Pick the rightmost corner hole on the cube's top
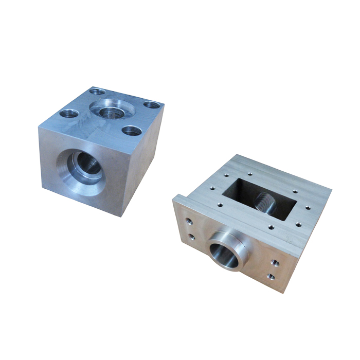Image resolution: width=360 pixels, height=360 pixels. (x=151, y=105)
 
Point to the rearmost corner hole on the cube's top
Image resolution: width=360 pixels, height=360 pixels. (x=97, y=92)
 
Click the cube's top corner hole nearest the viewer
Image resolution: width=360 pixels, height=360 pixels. (x=131, y=130)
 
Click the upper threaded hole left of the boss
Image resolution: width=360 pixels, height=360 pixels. (x=189, y=222)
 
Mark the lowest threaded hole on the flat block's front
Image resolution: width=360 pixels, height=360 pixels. (x=271, y=277)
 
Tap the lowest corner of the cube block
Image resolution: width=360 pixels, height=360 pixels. (x=122, y=216)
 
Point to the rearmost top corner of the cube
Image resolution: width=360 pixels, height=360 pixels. (x=93, y=87)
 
